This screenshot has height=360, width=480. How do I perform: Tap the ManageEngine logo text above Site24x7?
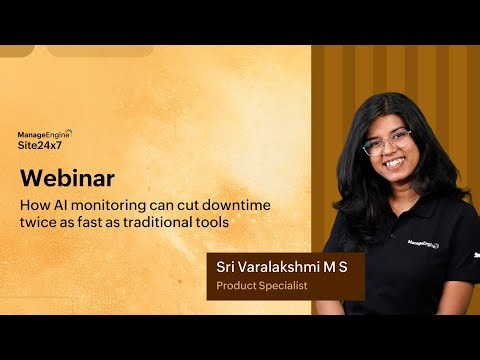[x=46, y=132]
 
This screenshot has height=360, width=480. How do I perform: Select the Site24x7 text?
[x=41, y=144]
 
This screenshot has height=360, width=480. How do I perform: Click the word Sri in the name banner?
[x=229, y=267]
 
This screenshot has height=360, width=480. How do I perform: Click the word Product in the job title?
[x=237, y=286]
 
